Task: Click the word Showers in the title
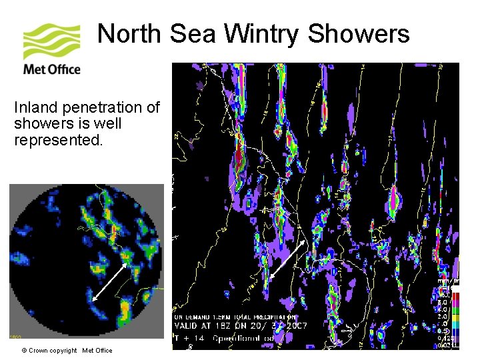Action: [358, 33]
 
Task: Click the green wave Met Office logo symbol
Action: [51, 41]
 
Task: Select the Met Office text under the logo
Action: [51, 69]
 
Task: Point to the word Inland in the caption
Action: [33, 107]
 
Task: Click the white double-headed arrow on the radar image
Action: [110, 283]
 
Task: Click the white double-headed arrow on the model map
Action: [288, 259]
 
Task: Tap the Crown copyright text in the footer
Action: [53, 351]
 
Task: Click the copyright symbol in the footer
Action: [24, 351]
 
